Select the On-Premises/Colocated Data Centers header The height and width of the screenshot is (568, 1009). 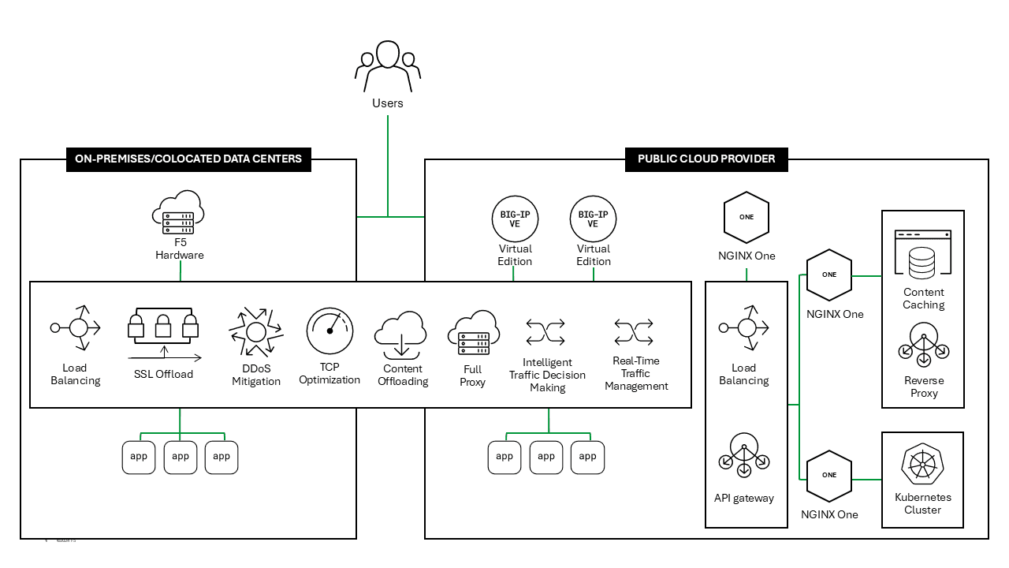(x=188, y=159)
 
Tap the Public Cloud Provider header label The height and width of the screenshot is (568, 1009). (x=706, y=159)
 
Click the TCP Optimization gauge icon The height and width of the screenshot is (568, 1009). (x=330, y=331)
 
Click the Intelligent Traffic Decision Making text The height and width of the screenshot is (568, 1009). (x=547, y=375)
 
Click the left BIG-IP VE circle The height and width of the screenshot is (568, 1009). (x=515, y=219)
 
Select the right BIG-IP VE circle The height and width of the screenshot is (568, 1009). (x=593, y=219)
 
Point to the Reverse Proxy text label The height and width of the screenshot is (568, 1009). (x=924, y=387)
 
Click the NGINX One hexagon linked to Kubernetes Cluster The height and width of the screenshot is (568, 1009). (x=829, y=476)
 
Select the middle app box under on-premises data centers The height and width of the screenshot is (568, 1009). (x=181, y=457)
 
